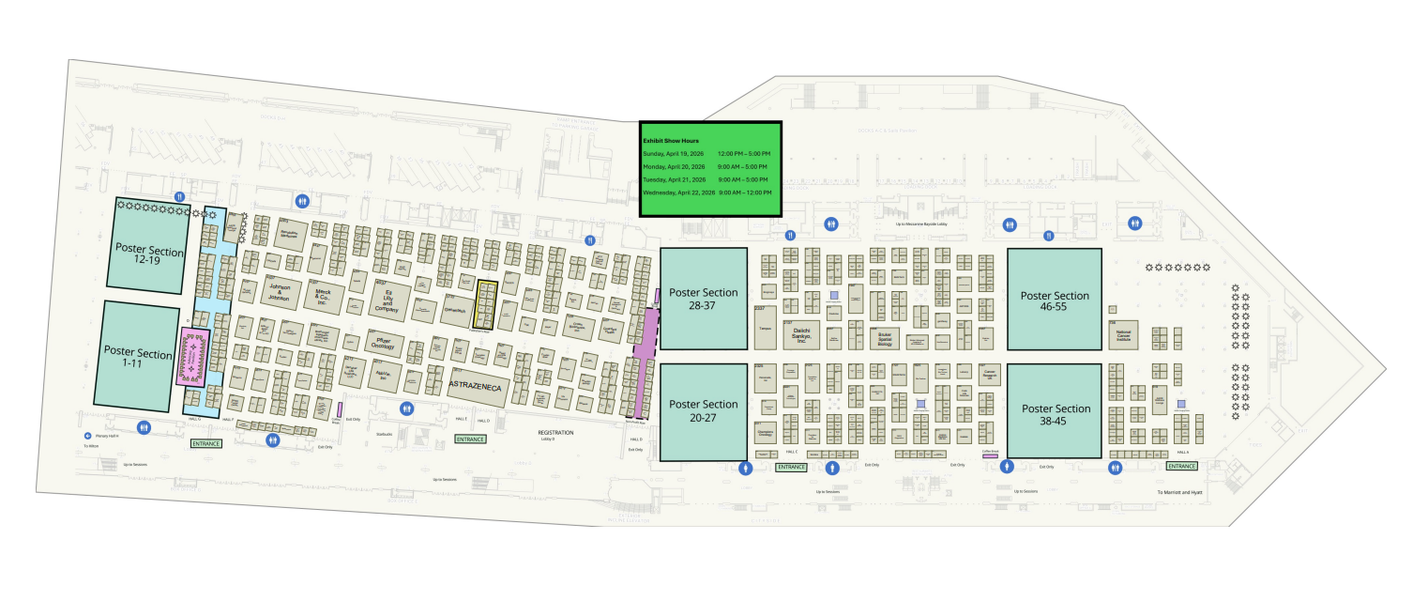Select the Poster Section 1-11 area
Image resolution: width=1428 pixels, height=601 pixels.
coord(139,355)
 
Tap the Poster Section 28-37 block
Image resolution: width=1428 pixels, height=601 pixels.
coord(704,299)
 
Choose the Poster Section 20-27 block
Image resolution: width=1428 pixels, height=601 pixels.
coord(704,410)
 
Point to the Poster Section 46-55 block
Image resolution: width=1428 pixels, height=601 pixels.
coord(1054,300)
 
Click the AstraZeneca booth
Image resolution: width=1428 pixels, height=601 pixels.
coord(479,386)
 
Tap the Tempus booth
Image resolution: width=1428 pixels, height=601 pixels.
coord(764,329)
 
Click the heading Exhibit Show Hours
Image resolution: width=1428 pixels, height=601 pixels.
coord(670,141)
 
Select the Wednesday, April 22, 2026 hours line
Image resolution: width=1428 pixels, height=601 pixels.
coord(706,193)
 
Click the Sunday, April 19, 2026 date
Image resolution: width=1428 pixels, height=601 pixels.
coord(673,154)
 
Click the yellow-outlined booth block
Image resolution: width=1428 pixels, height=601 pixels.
coord(486,304)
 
